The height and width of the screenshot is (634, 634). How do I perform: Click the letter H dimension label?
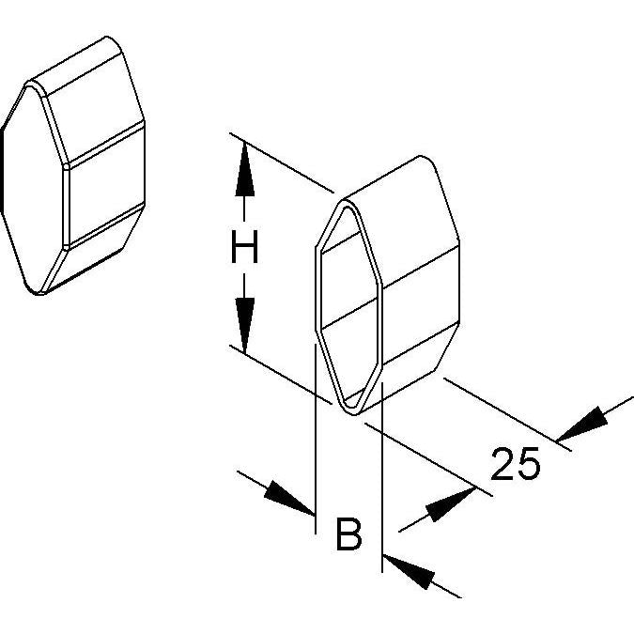[x=244, y=247]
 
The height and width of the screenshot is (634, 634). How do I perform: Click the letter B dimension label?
[x=349, y=533]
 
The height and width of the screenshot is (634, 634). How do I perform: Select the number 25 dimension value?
[x=515, y=464]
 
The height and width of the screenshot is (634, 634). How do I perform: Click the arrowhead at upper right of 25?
[x=582, y=425]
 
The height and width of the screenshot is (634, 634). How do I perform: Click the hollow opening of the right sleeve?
[x=348, y=307]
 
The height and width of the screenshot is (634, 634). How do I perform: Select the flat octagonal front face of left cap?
[x=32, y=190]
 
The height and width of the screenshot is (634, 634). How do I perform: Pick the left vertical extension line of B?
[x=315, y=439]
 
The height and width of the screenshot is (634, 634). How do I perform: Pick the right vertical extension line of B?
[x=382, y=477]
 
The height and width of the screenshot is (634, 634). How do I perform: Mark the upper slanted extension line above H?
[x=282, y=162]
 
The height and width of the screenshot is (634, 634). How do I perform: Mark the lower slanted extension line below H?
[x=281, y=375]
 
